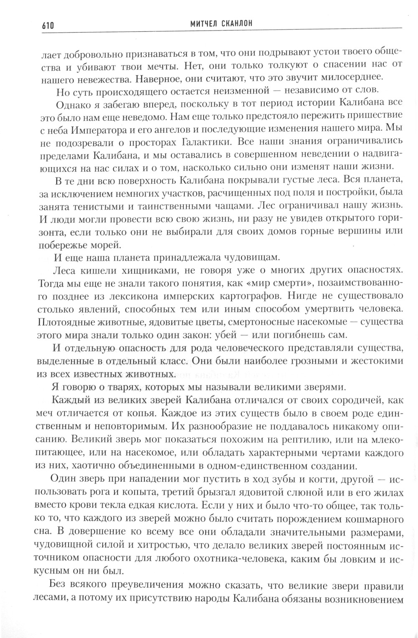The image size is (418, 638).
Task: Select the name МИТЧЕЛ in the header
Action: [198, 25]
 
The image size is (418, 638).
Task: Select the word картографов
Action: [247, 296]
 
